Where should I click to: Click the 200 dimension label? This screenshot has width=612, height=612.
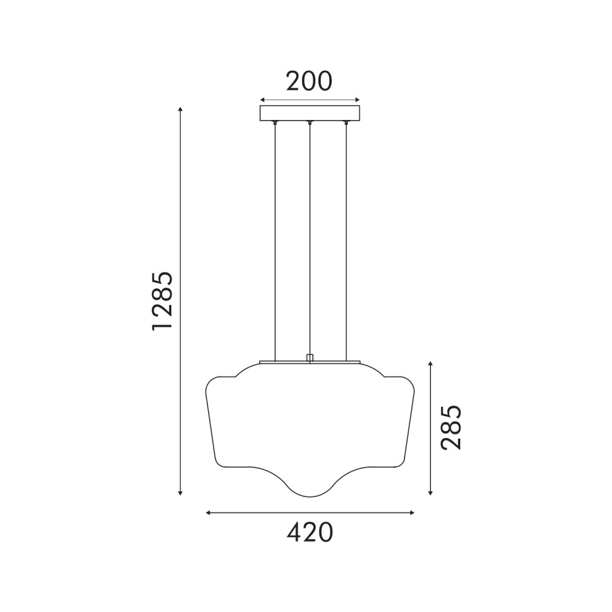point(309,81)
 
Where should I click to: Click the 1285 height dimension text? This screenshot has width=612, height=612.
point(162,300)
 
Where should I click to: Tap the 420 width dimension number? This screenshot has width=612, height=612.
point(310,532)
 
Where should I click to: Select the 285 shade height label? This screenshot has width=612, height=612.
point(451,427)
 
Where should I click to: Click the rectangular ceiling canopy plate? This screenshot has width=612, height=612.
point(310,113)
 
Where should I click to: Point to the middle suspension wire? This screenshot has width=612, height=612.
point(310,238)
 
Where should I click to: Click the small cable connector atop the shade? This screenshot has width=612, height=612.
point(310,358)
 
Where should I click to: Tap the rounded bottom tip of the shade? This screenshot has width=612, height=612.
point(310,497)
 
